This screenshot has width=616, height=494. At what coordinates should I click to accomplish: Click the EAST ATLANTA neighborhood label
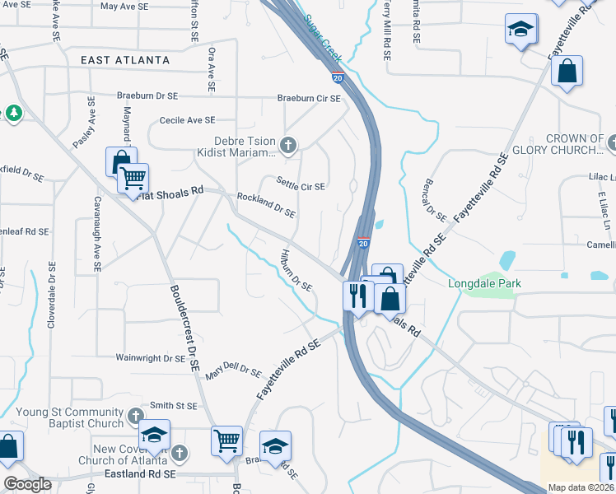pyautogui.click(x=125, y=60)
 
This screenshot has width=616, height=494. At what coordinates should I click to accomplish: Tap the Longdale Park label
pyautogui.click(x=484, y=284)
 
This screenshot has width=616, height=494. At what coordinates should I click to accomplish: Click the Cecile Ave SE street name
pyautogui.click(x=187, y=120)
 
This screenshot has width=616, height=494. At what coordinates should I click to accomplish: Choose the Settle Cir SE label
pyautogui.click(x=300, y=187)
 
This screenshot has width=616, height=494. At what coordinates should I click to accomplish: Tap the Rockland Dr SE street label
pyautogui.click(x=266, y=205)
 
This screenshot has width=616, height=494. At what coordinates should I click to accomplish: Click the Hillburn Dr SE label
pyautogui.click(x=296, y=271)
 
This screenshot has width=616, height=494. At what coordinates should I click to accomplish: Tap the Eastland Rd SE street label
pyautogui.click(x=141, y=475)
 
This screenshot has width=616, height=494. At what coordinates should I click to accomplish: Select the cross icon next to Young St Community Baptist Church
pyautogui.click(x=136, y=417)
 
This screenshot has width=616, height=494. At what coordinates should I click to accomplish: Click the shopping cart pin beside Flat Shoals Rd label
pyautogui.click(x=133, y=176)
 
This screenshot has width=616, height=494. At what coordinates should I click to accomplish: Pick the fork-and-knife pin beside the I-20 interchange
pyautogui.click(x=357, y=294)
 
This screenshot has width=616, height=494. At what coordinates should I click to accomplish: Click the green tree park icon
pyautogui.click(x=13, y=113)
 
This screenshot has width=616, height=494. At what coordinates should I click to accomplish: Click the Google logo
pyautogui.click(x=27, y=484)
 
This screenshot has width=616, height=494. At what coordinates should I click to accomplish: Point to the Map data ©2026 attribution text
pyautogui.click(x=580, y=487)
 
